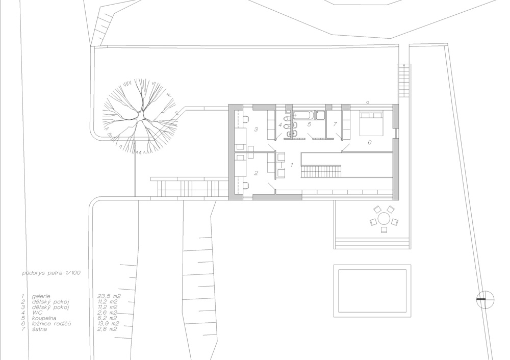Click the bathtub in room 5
[304, 114]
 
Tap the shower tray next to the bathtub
[320, 115]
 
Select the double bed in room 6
[371, 123]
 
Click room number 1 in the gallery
[292, 165]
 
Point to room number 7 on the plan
[335, 124]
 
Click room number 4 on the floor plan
[280, 124]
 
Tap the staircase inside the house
[321, 171]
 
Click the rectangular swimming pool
[372, 291]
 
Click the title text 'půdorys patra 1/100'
[51, 273]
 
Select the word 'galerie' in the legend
[41, 296]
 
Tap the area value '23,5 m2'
[109, 296]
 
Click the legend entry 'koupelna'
[44, 318]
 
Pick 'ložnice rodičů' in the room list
[52, 324]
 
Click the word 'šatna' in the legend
[39, 329]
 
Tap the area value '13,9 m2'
[108, 324]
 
